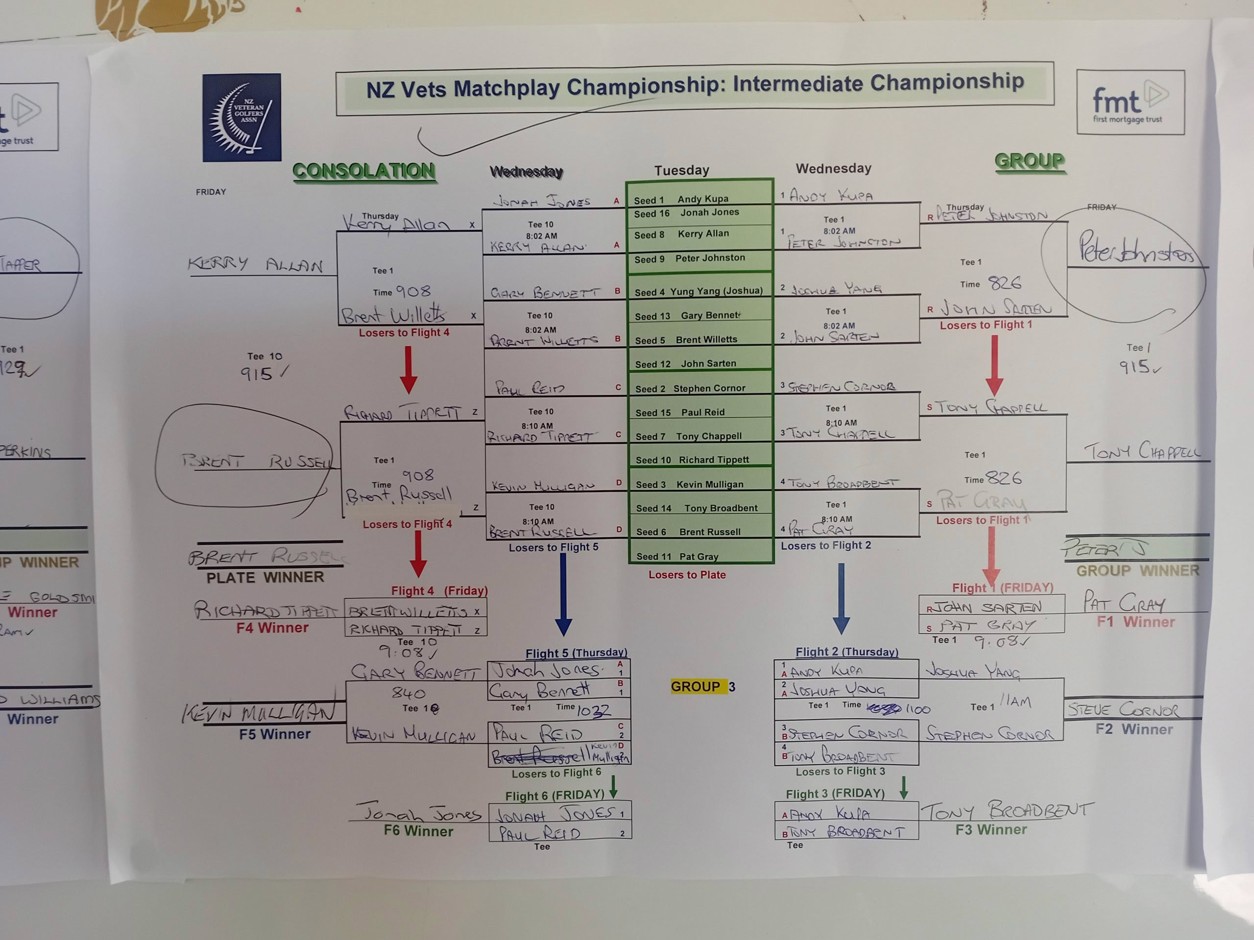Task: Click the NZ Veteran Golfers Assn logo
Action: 242,117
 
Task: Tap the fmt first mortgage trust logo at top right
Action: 1130,102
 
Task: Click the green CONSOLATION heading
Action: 364,170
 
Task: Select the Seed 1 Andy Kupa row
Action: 699,199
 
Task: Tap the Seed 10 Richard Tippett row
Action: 699,460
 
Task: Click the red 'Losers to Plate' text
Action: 687,575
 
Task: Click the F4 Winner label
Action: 272,628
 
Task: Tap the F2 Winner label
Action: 1134,729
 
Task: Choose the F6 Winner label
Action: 418,831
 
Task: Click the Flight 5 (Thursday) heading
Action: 576,653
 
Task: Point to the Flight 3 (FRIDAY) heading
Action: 835,793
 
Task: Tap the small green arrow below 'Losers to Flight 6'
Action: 613,787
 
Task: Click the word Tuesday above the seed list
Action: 681,170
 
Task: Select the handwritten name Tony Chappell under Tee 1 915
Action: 1142,452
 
